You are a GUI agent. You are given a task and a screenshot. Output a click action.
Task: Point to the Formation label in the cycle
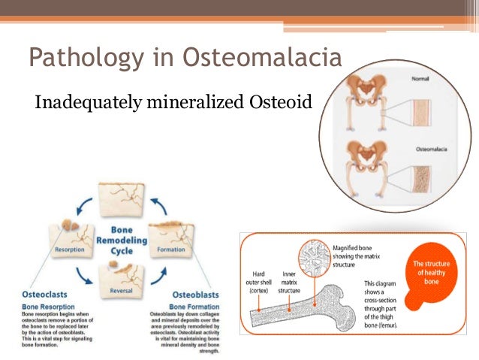pyautogui.click(x=171, y=249)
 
